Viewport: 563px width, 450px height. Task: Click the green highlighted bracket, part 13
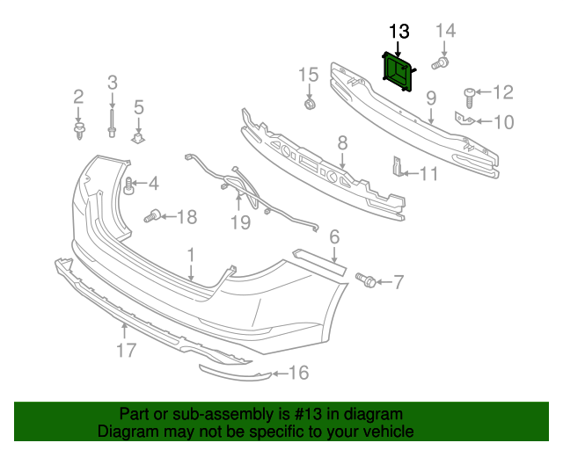point(399,70)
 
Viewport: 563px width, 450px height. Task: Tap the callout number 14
point(446,32)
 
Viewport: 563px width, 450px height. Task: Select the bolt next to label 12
point(470,93)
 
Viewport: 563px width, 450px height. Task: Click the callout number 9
point(431,98)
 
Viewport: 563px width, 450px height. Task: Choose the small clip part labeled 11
point(397,166)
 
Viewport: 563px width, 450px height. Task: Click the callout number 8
point(342,142)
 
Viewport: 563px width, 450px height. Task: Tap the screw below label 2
point(79,131)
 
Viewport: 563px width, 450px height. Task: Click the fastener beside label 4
point(128,185)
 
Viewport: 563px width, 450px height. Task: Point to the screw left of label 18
point(153,214)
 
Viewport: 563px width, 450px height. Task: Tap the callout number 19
point(240,222)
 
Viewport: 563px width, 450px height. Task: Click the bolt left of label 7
point(366,280)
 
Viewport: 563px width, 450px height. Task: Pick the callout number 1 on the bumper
point(190,254)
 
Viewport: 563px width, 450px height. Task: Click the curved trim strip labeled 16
point(234,374)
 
